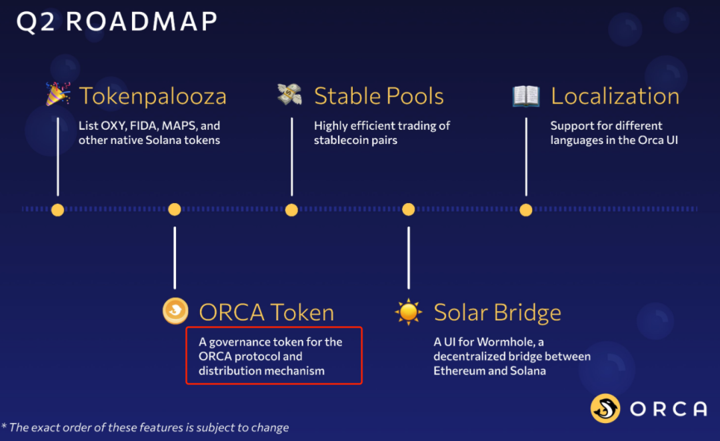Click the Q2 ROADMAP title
pyautogui.click(x=117, y=21)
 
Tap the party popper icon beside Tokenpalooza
pyautogui.click(x=58, y=94)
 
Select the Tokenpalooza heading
pyautogui.click(x=153, y=97)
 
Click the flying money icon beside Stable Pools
pyautogui.click(x=290, y=94)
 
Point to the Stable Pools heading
pyautogui.click(x=379, y=96)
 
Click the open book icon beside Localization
pyautogui.click(x=526, y=96)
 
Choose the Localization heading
pyautogui.click(x=615, y=96)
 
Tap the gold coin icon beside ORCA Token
pyautogui.click(x=175, y=310)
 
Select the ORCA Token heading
pyautogui.click(x=266, y=312)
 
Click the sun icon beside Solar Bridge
pyautogui.click(x=408, y=312)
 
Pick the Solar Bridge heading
pyautogui.click(x=497, y=312)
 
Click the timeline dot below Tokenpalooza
pyautogui.click(x=58, y=210)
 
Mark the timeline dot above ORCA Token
pyautogui.click(x=175, y=209)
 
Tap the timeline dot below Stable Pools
pyautogui.click(x=291, y=210)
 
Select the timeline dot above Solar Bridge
pyautogui.click(x=408, y=209)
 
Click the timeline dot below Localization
pyautogui.click(x=526, y=210)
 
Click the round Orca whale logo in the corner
pyautogui.click(x=605, y=408)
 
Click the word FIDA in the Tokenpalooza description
pyautogui.click(x=144, y=126)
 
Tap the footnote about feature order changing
pyautogui.click(x=145, y=427)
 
